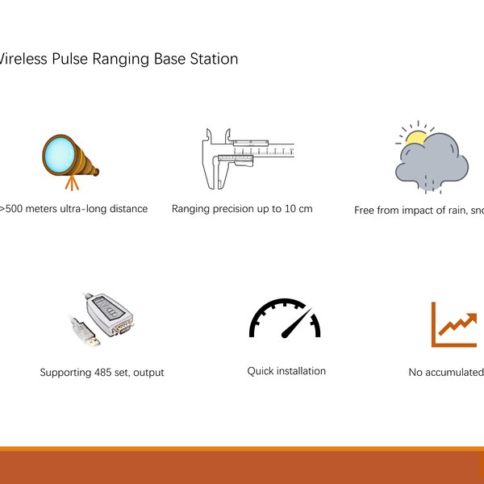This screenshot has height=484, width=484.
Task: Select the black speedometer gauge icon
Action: tap(284, 319)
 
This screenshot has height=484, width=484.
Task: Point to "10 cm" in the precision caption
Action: tap(294, 208)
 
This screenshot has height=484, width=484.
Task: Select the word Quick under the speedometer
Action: tap(261, 371)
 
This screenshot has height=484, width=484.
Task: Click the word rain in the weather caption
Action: tap(447, 210)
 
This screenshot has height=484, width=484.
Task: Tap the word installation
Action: tap(302, 371)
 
